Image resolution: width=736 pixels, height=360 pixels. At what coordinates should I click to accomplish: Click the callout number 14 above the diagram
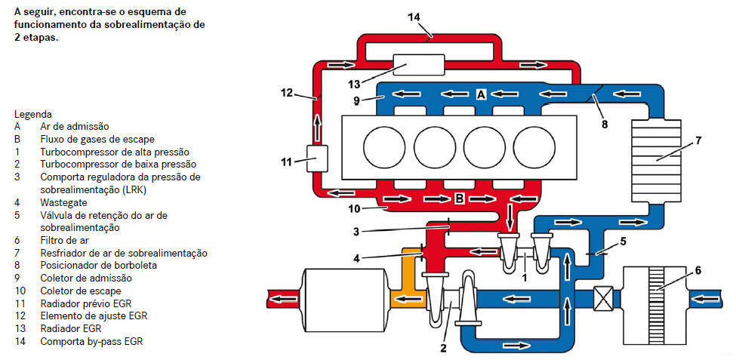(414, 17)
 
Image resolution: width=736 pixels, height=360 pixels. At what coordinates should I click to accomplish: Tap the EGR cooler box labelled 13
(419, 65)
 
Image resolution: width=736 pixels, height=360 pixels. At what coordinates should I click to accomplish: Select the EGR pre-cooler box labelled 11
(316, 158)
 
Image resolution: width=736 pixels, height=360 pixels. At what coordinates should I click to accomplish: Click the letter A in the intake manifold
(481, 94)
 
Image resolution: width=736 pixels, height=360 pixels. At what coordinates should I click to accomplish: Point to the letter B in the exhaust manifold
(460, 198)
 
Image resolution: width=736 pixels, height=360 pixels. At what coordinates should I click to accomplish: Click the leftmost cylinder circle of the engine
(384, 147)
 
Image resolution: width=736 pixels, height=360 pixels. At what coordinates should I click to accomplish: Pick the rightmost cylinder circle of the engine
(534, 147)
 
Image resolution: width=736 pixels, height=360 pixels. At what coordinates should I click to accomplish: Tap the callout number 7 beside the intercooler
(698, 140)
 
